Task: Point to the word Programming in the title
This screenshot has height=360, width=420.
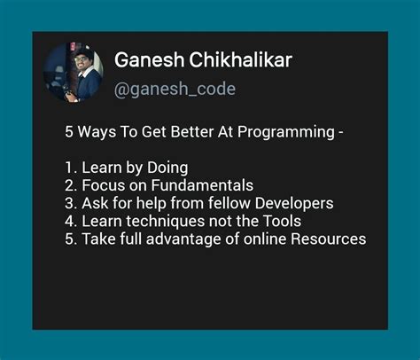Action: click(x=290, y=133)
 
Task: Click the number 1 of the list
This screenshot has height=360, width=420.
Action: click(x=67, y=168)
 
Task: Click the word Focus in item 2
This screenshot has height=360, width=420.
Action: click(x=102, y=185)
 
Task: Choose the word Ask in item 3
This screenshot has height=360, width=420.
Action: click(x=94, y=203)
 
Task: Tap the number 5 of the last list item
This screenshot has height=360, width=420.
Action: click(x=68, y=239)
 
